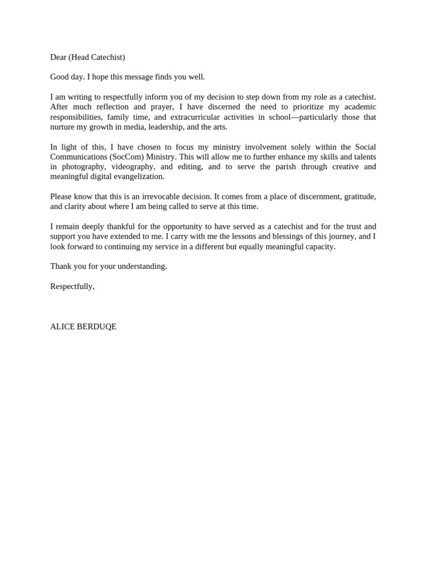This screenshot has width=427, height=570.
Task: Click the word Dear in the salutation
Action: pos(58,57)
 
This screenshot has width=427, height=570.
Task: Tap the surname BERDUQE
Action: pos(99,327)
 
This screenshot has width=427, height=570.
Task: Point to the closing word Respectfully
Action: pos(72,286)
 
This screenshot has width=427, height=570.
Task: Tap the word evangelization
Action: pos(138,177)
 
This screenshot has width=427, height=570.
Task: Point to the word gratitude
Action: pos(360,196)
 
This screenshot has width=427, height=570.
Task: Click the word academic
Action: pos(358,107)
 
